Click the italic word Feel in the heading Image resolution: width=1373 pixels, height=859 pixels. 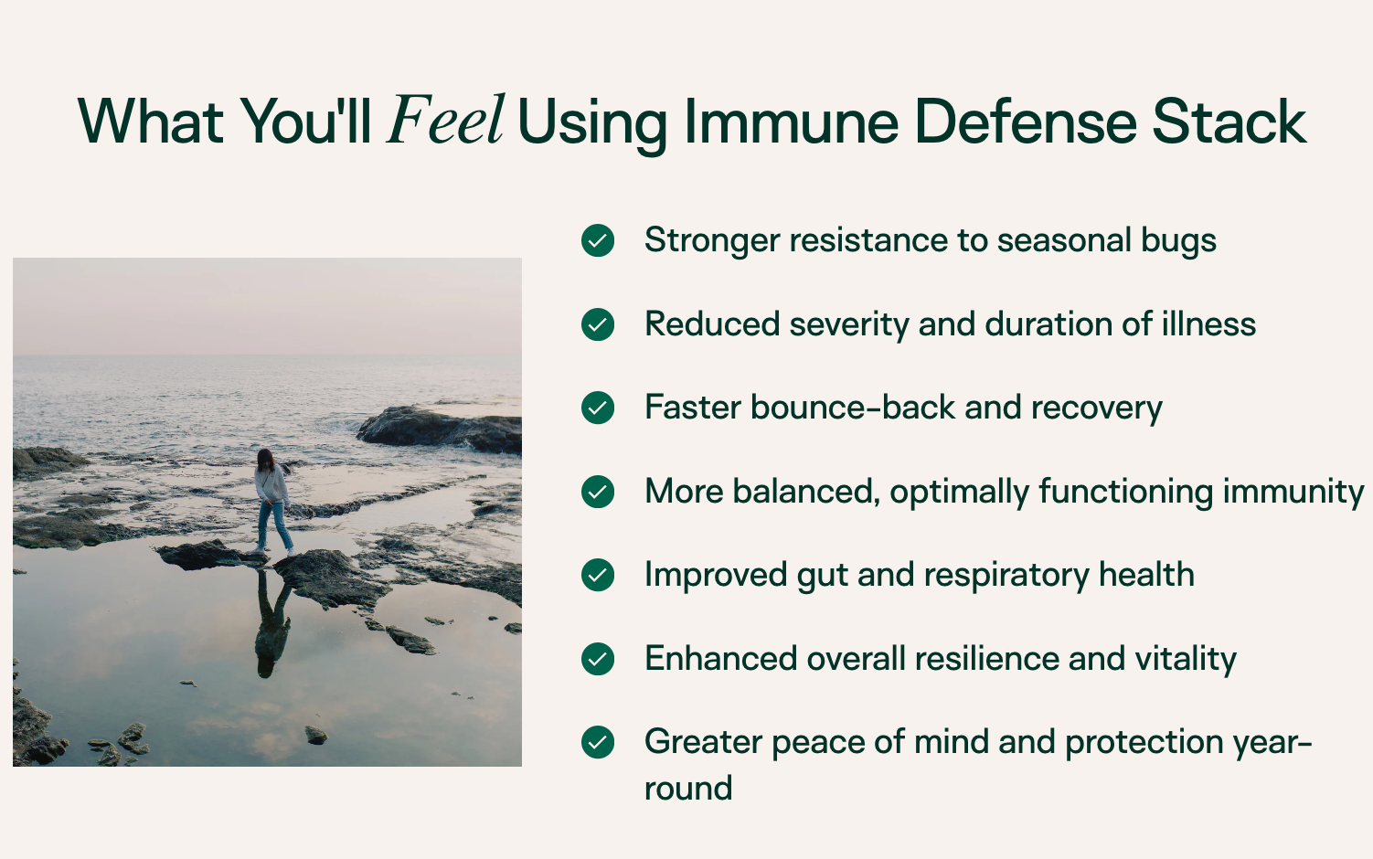tap(445, 120)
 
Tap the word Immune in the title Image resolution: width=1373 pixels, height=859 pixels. tap(792, 122)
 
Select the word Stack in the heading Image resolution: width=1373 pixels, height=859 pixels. tap(1229, 122)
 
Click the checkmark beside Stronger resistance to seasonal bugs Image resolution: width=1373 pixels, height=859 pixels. tap(598, 240)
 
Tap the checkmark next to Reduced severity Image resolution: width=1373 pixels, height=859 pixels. tap(598, 324)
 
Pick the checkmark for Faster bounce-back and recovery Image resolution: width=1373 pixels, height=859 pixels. tap(598, 408)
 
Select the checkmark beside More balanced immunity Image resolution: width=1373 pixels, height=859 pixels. tap(598, 492)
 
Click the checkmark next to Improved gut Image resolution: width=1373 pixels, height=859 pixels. tap(598, 575)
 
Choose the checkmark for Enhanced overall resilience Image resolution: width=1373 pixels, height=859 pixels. tap(598, 659)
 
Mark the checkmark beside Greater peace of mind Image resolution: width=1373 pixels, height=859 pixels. tap(598, 742)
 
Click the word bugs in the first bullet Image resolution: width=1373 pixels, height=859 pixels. tap(1178, 241)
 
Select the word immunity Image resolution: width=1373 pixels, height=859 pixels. tap(1293, 493)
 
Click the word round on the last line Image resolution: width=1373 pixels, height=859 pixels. tap(688, 789)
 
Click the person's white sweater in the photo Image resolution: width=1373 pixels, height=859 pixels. tap(271, 484)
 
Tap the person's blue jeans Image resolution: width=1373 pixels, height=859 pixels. tap(274, 525)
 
